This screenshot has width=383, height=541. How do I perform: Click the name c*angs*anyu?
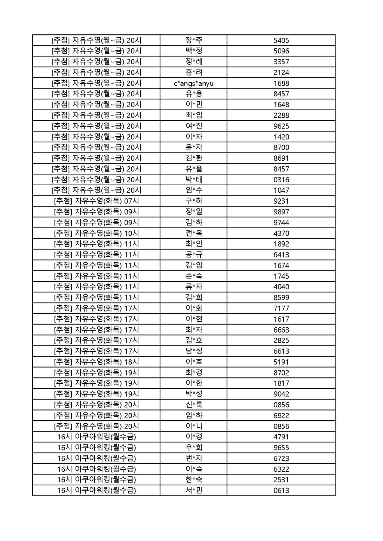point(193,83)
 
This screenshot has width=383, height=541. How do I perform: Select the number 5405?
point(281,40)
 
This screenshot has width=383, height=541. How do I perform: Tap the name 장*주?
point(193,40)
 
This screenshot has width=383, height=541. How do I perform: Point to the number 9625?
point(281,126)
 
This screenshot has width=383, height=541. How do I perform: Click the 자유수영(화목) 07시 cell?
point(96,201)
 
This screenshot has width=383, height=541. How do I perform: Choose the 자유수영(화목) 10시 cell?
point(96,234)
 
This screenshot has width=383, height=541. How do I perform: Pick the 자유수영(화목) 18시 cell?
point(96,362)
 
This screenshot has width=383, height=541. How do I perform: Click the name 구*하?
point(193,201)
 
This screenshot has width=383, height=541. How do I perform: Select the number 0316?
point(281,180)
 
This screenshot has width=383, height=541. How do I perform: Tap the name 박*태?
point(193,180)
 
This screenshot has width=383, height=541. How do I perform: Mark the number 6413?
point(281,255)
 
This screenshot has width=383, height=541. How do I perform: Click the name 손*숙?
point(193,276)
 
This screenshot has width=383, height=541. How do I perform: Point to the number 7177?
point(281,309)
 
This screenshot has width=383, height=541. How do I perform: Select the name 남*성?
point(193,351)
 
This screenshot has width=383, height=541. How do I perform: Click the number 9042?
point(281,394)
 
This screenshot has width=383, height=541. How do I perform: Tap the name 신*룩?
point(193,405)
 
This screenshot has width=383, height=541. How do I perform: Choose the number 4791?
point(281,437)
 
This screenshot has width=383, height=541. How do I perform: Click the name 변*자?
point(193,458)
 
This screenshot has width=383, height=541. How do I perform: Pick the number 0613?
point(281,491)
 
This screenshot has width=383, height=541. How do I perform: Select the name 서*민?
point(193,491)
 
